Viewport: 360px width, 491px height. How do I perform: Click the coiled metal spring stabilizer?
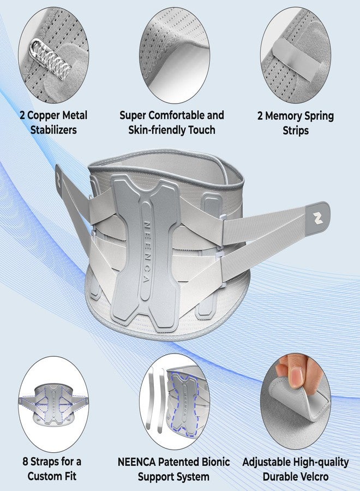(x=52, y=59)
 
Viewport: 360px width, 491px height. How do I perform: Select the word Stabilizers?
(x=53, y=130)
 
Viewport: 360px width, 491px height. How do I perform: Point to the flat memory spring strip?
(x=293, y=60)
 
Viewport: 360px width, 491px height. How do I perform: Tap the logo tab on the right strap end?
(x=317, y=217)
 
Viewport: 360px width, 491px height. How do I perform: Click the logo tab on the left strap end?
(x=60, y=179)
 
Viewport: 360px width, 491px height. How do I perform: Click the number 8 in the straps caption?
(x=25, y=461)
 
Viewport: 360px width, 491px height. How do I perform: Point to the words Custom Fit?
(x=52, y=476)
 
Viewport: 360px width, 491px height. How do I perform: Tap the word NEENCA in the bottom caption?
(x=136, y=462)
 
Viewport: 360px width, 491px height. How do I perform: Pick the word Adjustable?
(x=266, y=462)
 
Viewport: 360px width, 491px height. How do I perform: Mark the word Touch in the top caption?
(x=200, y=130)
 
